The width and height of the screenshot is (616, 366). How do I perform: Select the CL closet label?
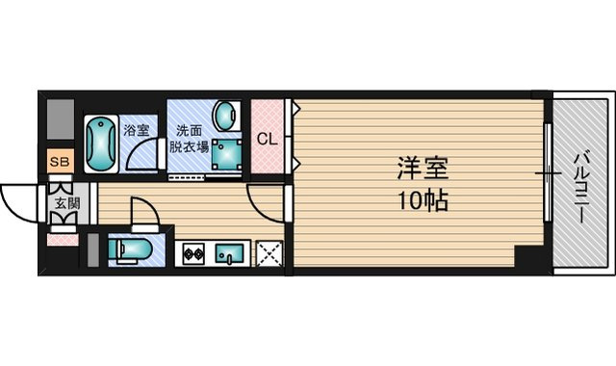[x=268, y=139]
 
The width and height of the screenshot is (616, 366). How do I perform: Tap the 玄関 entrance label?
[x=66, y=203]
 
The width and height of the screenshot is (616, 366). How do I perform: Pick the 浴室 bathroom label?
[x=134, y=128]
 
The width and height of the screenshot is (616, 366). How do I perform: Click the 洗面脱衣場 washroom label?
[x=190, y=140]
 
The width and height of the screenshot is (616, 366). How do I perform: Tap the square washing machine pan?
[x=228, y=154]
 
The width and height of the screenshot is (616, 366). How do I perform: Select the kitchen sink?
[x=230, y=254]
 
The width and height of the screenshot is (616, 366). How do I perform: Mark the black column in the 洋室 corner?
[x=528, y=257]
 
